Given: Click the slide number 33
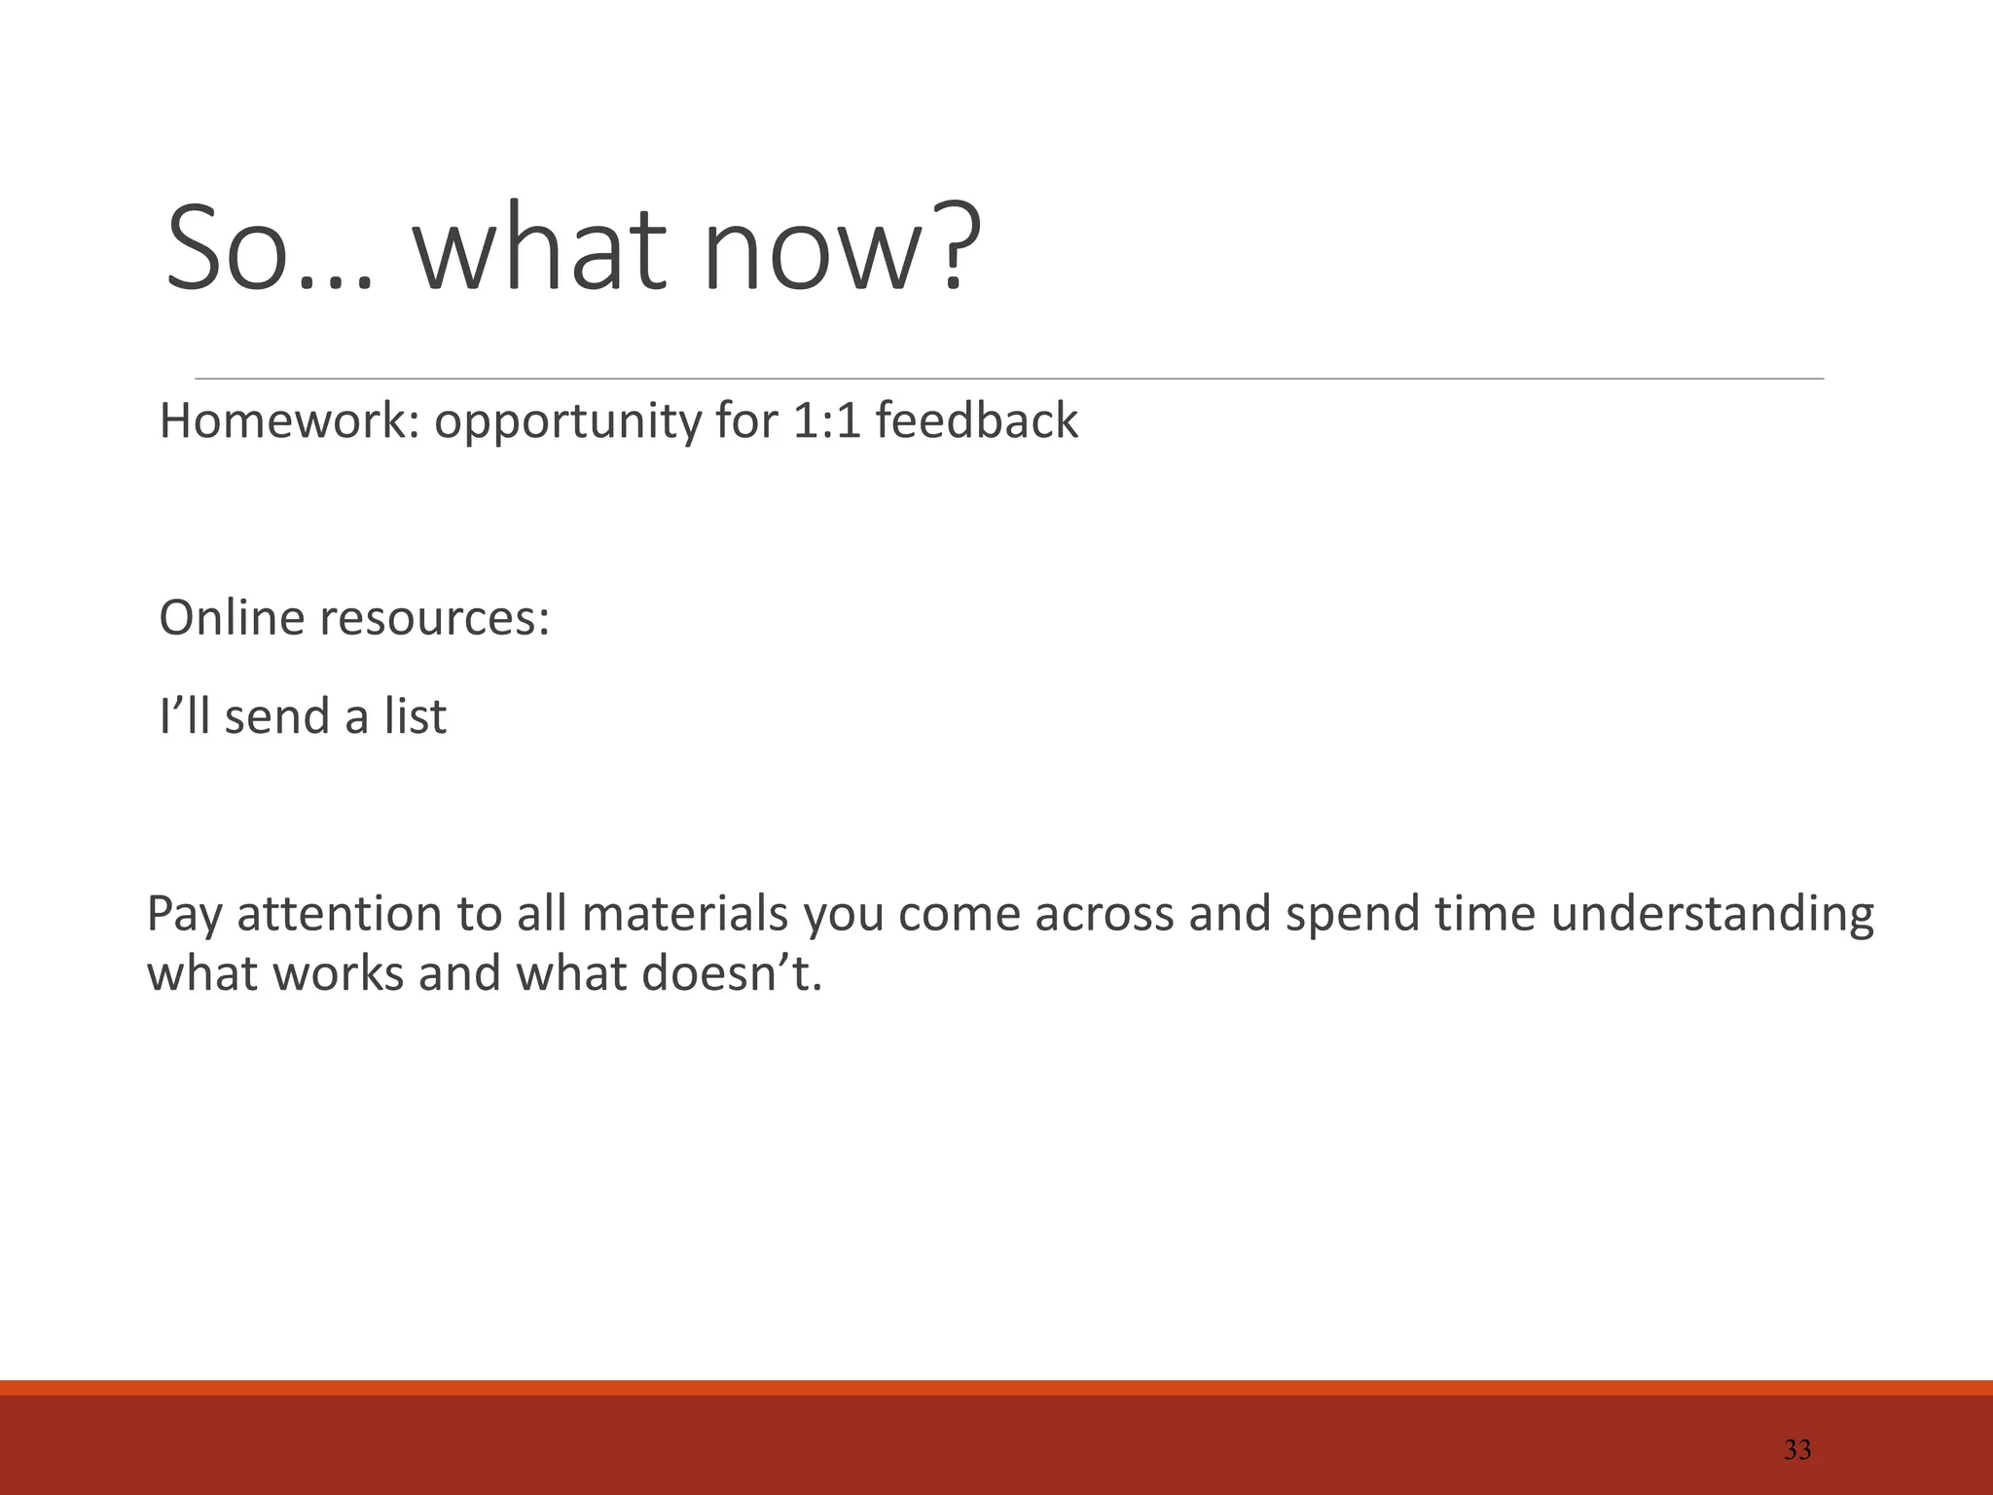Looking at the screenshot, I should (x=1796, y=1450).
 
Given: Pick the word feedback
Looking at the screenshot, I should (x=976, y=421).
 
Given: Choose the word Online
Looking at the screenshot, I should (x=232, y=617).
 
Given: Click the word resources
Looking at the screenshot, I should (x=434, y=619).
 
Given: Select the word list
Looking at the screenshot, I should (x=415, y=716).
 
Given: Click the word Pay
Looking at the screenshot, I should (x=185, y=915).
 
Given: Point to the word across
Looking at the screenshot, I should (x=1104, y=915).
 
